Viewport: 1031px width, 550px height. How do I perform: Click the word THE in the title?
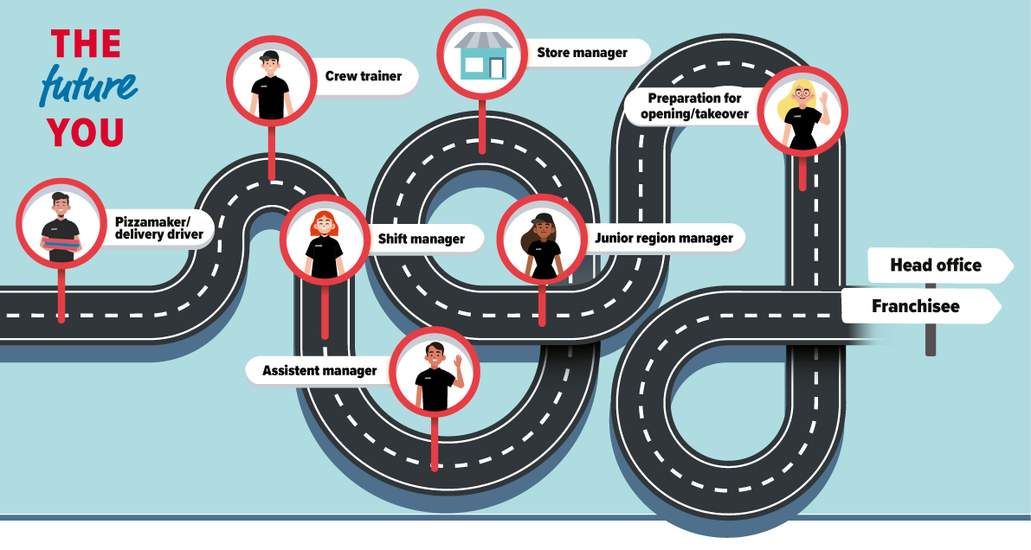[x=87, y=44]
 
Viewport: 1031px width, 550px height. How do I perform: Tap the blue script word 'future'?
[x=89, y=86]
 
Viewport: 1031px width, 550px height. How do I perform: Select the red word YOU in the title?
[x=86, y=132]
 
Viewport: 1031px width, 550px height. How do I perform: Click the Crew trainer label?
[x=363, y=76]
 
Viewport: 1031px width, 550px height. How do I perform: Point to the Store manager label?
[x=582, y=53]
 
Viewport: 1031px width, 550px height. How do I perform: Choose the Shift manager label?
[x=421, y=239]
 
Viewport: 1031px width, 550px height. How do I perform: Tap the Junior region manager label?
[x=663, y=238]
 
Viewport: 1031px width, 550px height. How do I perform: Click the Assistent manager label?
[x=319, y=371]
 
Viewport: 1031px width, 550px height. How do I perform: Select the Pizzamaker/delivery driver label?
[x=159, y=228]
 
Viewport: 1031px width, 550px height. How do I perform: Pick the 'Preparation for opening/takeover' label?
[x=694, y=106]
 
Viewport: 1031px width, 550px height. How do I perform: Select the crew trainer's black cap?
[x=269, y=56]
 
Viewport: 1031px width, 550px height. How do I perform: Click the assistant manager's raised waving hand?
[x=458, y=361]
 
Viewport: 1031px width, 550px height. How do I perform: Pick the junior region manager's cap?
[x=543, y=218]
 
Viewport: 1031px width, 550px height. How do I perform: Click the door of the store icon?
[x=496, y=68]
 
